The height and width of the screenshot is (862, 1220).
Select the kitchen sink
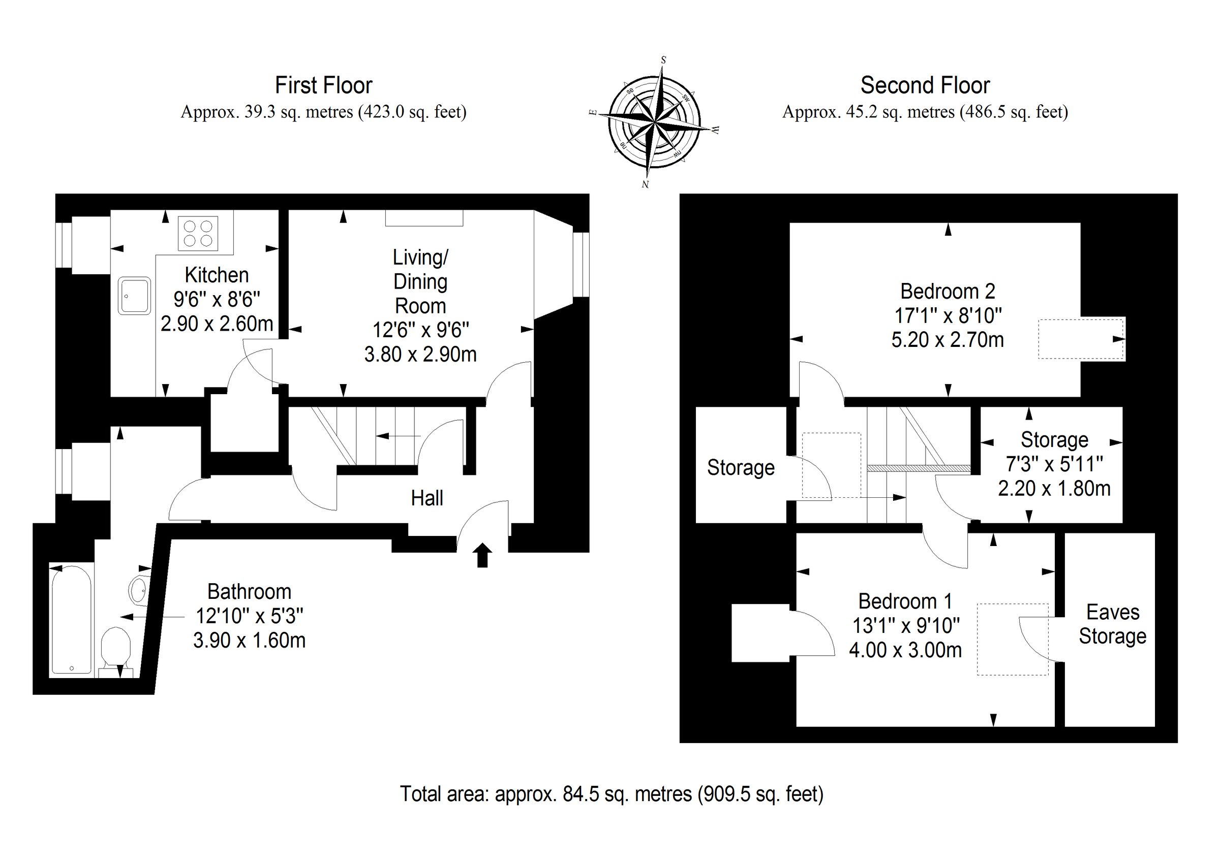[x=135, y=295]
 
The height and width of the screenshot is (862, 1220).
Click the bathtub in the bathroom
[x=72, y=620]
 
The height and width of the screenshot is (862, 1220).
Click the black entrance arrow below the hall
[x=482, y=555]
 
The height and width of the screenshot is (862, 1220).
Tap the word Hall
[x=426, y=498]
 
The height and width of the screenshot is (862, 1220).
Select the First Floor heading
[x=324, y=85]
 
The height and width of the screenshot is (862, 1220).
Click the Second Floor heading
[x=925, y=85]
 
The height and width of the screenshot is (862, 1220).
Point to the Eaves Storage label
[x=1113, y=624]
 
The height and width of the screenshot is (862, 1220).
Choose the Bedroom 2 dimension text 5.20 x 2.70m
[x=948, y=340]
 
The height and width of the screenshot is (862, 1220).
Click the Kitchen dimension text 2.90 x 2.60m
[x=217, y=324]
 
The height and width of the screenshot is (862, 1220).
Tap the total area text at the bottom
[x=612, y=794]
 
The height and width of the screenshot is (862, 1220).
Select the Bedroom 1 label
[x=905, y=601]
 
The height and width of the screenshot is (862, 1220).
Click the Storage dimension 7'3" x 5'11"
[x=1054, y=464]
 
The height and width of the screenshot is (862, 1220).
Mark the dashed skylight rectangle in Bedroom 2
[x=1081, y=339]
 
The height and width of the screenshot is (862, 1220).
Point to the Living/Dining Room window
[x=582, y=264]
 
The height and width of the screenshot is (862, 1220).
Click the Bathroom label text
[x=249, y=592]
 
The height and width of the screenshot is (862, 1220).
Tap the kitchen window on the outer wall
[x=64, y=244]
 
